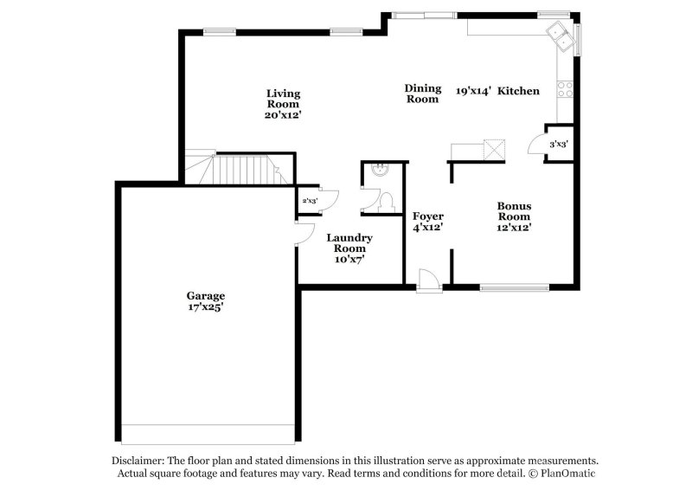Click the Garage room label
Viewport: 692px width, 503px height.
tap(208, 295)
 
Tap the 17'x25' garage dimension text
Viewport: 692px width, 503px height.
tap(208, 307)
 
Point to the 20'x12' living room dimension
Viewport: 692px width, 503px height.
tap(283, 115)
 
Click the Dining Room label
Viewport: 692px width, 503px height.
tap(423, 94)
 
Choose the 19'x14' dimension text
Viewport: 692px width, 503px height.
tap(473, 90)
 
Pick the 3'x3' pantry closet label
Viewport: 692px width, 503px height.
tap(559, 145)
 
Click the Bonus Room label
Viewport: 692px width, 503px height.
tap(514, 211)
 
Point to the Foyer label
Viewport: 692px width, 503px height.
tap(427, 216)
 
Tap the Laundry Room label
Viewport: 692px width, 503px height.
tap(349, 242)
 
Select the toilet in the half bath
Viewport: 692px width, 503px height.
tap(387, 203)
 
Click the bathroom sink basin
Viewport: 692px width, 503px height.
tap(378, 171)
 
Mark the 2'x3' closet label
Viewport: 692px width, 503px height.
tap(309, 201)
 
